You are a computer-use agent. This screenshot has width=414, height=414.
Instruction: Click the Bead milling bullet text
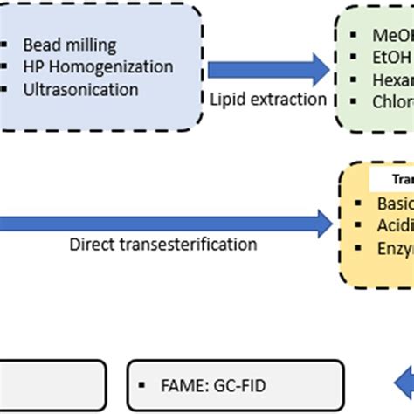pos(69,45)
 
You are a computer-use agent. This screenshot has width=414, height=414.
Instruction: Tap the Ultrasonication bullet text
pos(81,89)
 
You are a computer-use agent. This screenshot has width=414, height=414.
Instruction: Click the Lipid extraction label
pos(268,99)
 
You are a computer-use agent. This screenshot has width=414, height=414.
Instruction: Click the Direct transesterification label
pos(163,245)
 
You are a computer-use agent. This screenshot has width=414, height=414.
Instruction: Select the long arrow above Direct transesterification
pos(166,224)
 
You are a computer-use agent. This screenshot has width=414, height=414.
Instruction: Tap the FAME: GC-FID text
pos(210,383)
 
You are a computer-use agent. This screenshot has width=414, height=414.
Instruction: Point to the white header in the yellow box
pos(393,180)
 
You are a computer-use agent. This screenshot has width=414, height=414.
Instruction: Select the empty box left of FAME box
pos(52,384)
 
